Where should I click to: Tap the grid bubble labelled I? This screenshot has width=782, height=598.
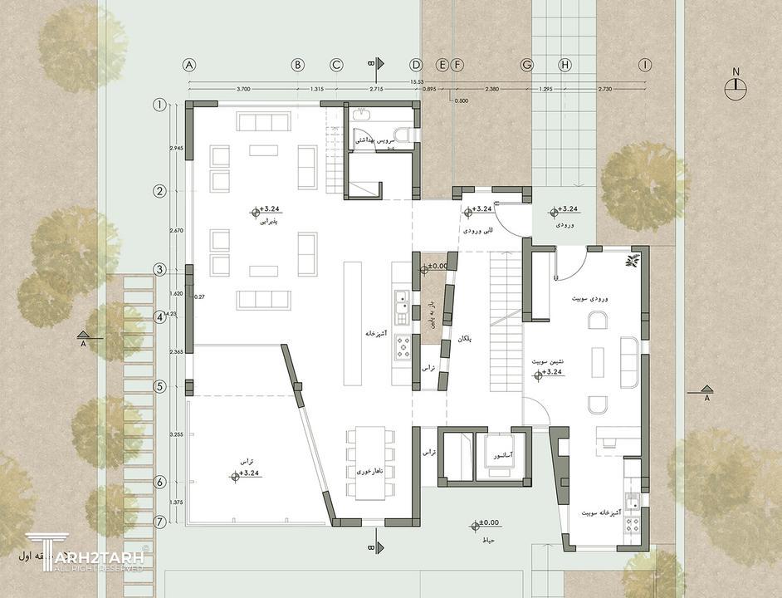[x=644, y=65]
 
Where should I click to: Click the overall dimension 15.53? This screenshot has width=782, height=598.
[x=417, y=81]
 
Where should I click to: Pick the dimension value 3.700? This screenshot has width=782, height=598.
[x=243, y=89]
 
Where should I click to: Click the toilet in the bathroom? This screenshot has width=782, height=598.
[x=401, y=135]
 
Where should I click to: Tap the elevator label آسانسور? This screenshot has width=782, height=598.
[x=501, y=456]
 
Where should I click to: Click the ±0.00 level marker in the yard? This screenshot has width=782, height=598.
[x=484, y=525]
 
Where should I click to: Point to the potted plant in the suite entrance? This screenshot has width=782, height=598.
[x=633, y=262]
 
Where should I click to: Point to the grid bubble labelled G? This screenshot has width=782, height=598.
[x=526, y=65]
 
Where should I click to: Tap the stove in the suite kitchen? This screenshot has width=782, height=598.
[x=633, y=524]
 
